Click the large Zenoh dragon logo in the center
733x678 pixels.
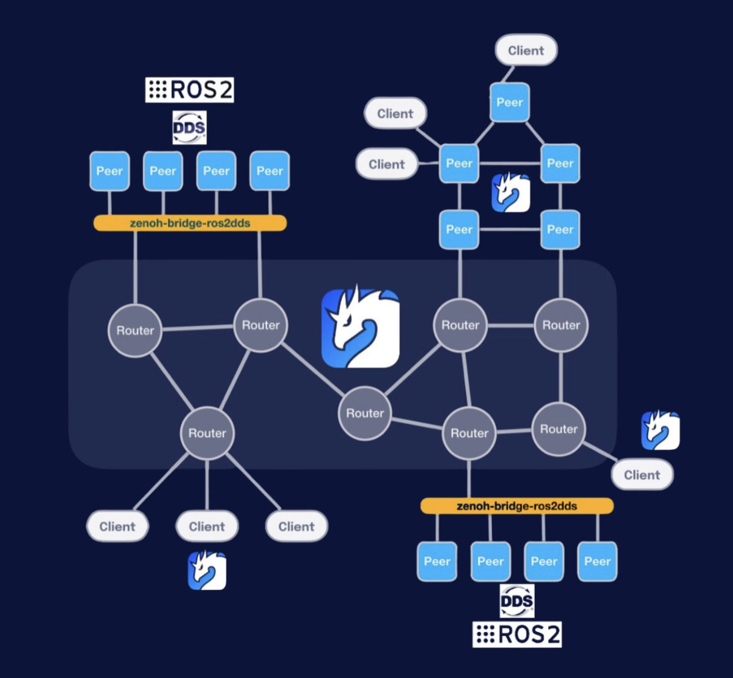[360, 328]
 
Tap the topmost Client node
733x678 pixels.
[525, 50]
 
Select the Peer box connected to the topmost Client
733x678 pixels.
[509, 102]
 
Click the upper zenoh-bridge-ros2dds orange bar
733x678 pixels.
[190, 223]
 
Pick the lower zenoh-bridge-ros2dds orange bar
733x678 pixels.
[517, 506]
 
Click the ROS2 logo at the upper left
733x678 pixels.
[189, 90]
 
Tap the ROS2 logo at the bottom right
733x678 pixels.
[517, 634]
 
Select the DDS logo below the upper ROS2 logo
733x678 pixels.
[189, 128]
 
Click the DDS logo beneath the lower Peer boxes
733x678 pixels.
[517, 601]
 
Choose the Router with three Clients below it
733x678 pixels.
[207, 433]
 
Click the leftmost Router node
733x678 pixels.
[135, 331]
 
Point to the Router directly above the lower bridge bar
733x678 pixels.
[469, 433]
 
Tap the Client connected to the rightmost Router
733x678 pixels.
[642, 475]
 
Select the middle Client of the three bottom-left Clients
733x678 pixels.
[207, 526]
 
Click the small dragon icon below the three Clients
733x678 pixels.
[207, 570]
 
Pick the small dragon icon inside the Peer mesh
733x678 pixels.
[510, 192]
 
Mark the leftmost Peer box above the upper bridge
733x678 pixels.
[109, 171]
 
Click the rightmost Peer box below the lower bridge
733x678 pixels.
[597, 561]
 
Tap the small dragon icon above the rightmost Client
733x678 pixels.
[660, 430]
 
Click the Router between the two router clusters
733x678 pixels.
[365, 413]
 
